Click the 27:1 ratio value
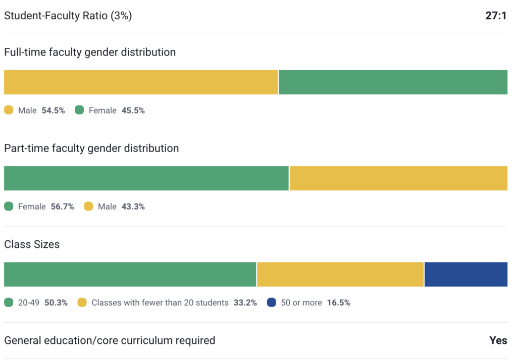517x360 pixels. click(x=496, y=16)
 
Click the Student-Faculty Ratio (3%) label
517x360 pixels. click(x=68, y=16)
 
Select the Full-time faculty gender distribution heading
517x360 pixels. click(x=90, y=52)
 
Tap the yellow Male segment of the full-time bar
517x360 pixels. click(x=141, y=82)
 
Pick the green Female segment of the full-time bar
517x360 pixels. click(x=393, y=82)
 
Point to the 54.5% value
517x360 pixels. click(x=54, y=110)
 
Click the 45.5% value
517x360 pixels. click(x=133, y=110)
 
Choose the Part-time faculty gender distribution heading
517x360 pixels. click(x=91, y=148)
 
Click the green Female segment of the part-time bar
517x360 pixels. click(x=146, y=178)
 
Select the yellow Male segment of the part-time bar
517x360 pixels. click(x=398, y=178)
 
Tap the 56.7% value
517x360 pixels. click(x=63, y=207)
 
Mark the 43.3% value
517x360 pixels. click(x=133, y=207)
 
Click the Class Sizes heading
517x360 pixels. click(x=32, y=244)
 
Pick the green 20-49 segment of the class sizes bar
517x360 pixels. click(x=130, y=274)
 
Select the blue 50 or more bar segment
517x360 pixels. click(x=466, y=274)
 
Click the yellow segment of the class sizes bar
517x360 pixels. click(x=340, y=274)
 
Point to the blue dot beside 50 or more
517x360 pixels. click(x=272, y=302)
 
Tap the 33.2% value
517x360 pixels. click(x=245, y=302)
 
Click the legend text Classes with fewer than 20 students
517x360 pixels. click(x=160, y=302)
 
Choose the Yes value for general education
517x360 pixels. click(x=498, y=340)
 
